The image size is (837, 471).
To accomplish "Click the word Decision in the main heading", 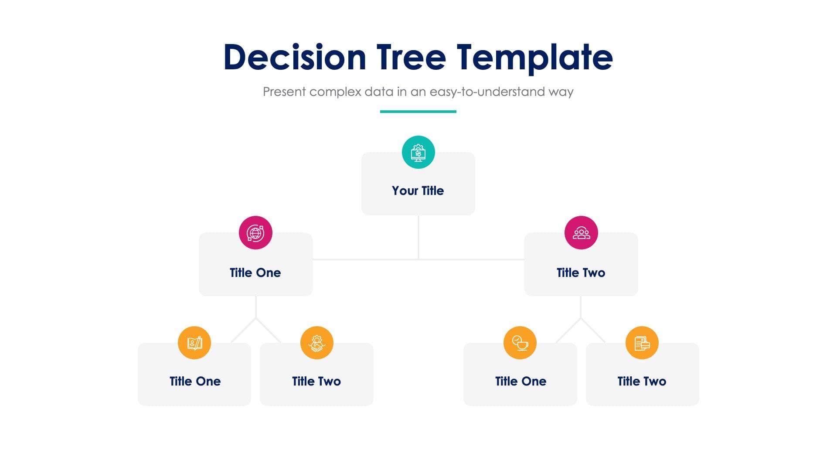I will (x=295, y=57).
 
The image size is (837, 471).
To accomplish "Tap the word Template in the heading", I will (x=535, y=57).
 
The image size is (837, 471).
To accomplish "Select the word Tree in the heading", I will (x=411, y=57).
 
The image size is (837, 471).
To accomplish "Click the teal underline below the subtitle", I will (x=418, y=112).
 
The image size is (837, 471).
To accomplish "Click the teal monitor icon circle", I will (x=418, y=152).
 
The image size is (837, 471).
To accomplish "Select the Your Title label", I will (x=418, y=191).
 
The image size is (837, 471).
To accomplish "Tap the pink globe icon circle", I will (x=255, y=232).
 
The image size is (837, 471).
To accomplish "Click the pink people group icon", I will (x=581, y=232).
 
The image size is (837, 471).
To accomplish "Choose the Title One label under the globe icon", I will (x=255, y=273).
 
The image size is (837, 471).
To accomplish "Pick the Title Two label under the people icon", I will (x=581, y=273).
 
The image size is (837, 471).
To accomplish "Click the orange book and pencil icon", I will (x=194, y=343).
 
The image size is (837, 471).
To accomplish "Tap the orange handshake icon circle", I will (x=317, y=343).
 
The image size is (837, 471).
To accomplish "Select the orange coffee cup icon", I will (x=520, y=343).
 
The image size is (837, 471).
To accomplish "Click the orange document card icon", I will (x=642, y=343).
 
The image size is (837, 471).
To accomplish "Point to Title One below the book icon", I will (x=195, y=381).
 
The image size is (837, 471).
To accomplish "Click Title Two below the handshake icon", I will (x=316, y=381).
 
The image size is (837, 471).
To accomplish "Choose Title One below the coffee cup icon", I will (x=521, y=381).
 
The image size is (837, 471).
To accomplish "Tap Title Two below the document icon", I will (x=642, y=381).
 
